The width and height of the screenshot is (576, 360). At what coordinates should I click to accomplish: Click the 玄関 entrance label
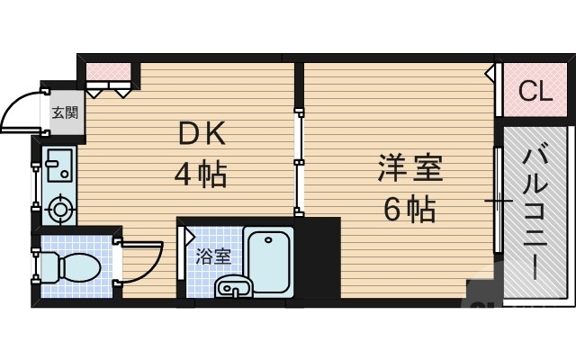tap(63, 112)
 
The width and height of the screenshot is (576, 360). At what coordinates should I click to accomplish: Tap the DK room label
tap(205, 135)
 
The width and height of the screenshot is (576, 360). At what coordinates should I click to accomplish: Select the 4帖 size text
tap(200, 173)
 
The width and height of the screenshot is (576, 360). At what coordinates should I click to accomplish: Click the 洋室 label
tap(410, 169)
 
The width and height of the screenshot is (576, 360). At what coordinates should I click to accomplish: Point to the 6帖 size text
tap(409, 209)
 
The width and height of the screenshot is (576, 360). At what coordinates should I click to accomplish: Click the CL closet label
tap(535, 91)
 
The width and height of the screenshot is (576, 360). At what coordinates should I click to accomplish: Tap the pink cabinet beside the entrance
tap(112, 72)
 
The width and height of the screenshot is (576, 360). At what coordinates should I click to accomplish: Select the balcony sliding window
tap(497, 198)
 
